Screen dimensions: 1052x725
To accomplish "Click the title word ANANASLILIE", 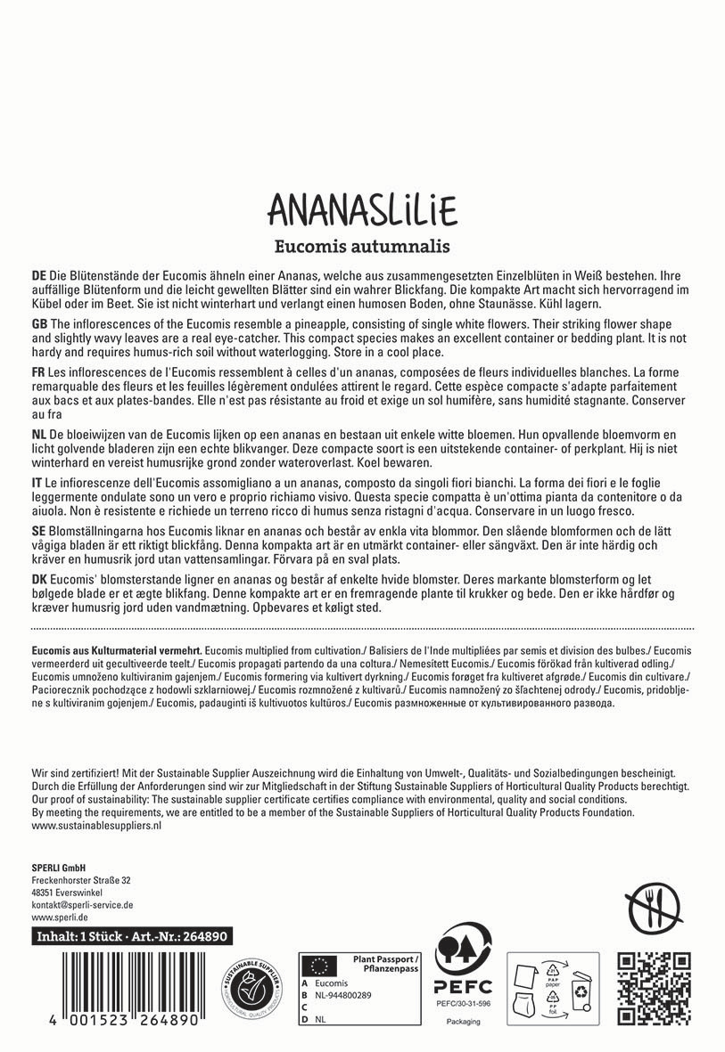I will tap(362, 209).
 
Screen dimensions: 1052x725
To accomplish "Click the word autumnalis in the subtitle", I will tap(408, 244).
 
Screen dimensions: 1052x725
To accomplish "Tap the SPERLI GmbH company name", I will tap(58, 865).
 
